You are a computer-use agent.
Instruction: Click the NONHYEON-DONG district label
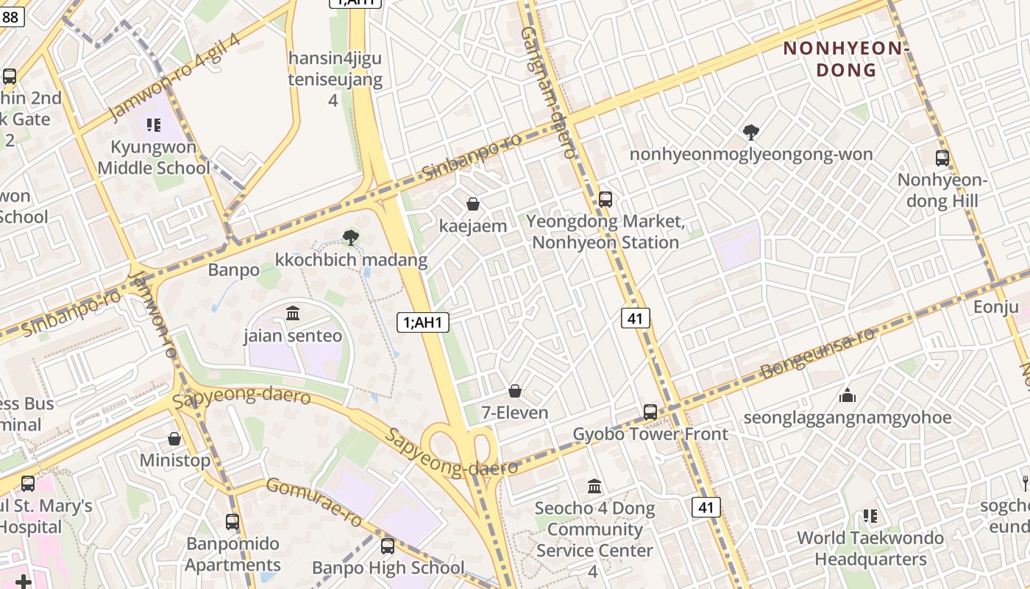(846, 59)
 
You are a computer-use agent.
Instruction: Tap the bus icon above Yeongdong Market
(605, 199)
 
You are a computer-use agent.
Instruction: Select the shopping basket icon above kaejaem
(473, 204)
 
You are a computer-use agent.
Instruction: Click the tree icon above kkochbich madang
(351, 237)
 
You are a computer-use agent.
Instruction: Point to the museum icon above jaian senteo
(293, 314)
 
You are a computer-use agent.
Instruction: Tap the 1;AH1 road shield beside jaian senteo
(423, 322)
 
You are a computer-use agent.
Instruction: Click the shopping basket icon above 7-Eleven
(515, 391)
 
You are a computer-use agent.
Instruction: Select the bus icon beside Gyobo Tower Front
(650, 412)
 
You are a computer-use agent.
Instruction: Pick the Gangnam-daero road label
(548, 92)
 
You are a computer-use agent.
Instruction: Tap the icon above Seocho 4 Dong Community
(594, 487)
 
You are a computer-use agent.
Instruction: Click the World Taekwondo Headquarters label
(870, 549)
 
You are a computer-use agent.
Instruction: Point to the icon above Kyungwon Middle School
(153, 125)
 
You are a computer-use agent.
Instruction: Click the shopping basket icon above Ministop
(174, 439)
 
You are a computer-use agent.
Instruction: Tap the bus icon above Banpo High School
(388, 546)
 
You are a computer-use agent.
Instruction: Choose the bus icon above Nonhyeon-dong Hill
(942, 158)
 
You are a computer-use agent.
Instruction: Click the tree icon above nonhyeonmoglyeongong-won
(751, 133)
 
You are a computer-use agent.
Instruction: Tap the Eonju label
(996, 306)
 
